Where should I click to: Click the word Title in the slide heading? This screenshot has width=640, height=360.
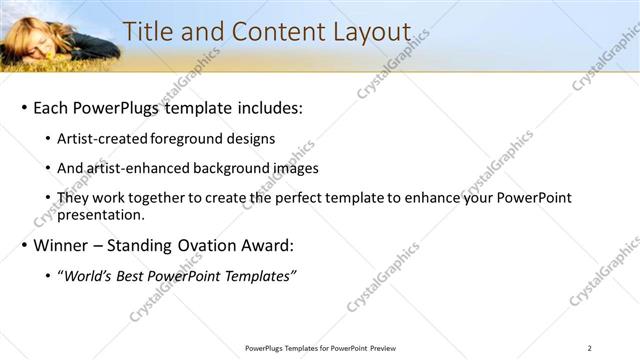coord(148,32)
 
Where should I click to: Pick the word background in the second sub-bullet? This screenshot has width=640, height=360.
coord(227,168)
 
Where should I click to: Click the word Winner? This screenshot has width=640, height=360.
coord(63,245)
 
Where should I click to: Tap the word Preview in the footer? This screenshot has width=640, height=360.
coord(379,348)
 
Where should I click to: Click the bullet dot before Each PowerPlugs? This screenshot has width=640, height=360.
coord(23,108)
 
